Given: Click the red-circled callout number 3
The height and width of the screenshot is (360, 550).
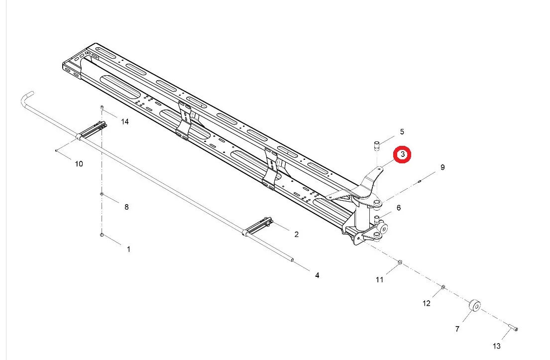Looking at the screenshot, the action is click(402, 154).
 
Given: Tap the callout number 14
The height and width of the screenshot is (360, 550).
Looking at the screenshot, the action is click(125, 122).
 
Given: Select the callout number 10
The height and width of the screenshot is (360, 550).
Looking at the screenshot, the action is click(79, 164).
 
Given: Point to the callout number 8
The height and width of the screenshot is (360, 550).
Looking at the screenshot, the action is click(126, 207).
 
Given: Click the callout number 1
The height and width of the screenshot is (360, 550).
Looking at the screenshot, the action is click(129, 249).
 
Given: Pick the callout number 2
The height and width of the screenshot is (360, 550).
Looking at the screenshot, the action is click(296, 235).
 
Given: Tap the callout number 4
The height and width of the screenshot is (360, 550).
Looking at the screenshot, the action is click(317, 275).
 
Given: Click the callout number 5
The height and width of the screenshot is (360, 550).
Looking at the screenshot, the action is click(402, 132).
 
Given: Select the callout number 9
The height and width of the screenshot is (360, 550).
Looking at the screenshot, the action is click(442, 167).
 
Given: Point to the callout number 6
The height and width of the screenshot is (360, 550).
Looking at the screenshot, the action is click(399, 208).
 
